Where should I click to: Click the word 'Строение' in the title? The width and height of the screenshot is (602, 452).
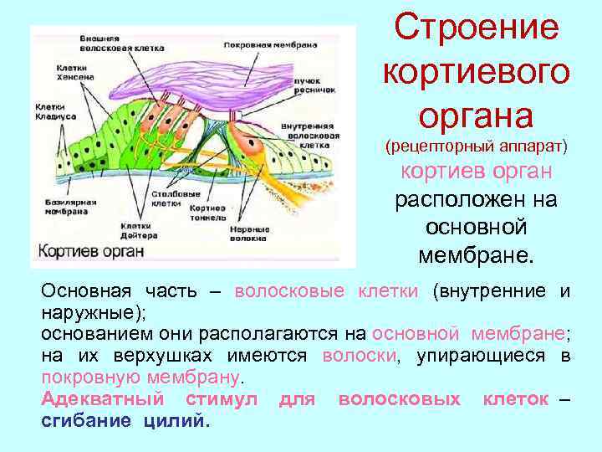pos(477,28)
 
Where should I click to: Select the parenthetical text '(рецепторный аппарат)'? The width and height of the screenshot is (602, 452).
pos(476,146)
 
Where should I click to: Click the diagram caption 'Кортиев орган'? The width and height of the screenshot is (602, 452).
pos(87,251)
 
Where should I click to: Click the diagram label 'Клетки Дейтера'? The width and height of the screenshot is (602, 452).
pos(135,230)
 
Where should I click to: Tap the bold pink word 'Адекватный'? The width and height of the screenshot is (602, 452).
pos(95,399)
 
